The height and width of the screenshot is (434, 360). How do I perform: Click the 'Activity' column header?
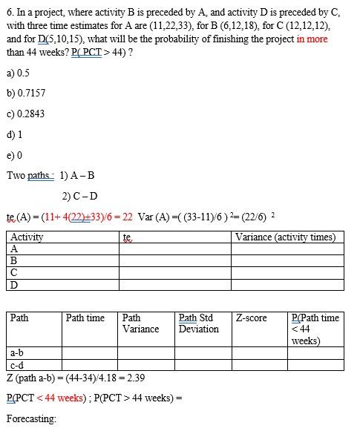pyautogui.click(x=27, y=237)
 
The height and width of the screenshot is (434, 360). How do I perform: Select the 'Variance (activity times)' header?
pyautogui.click(x=285, y=237)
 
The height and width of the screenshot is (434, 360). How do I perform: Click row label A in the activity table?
pyautogui.click(x=14, y=249)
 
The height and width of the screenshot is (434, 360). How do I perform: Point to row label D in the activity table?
pyautogui.click(x=14, y=285)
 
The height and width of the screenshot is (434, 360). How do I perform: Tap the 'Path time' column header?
pyautogui.click(x=85, y=318)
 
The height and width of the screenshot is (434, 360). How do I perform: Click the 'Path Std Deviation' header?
pyautogui.click(x=199, y=323)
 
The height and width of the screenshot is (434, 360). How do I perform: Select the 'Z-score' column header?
pyautogui.click(x=251, y=318)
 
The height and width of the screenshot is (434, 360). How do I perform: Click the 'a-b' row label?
pyautogui.click(x=17, y=353)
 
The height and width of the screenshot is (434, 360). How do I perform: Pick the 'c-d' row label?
pyautogui.click(x=17, y=365)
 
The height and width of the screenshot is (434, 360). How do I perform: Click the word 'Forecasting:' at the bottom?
pyautogui.click(x=31, y=419)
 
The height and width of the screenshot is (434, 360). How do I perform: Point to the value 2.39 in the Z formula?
pyautogui.click(x=135, y=378)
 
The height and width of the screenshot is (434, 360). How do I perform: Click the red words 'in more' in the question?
pyautogui.click(x=312, y=39)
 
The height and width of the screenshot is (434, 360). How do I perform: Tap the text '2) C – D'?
pyautogui.click(x=79, y=197)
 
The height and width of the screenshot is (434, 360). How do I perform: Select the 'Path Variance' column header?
pyautogui.click(x=140, y=323)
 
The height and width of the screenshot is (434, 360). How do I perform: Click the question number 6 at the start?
pyautogui.click(x=9, y=13)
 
